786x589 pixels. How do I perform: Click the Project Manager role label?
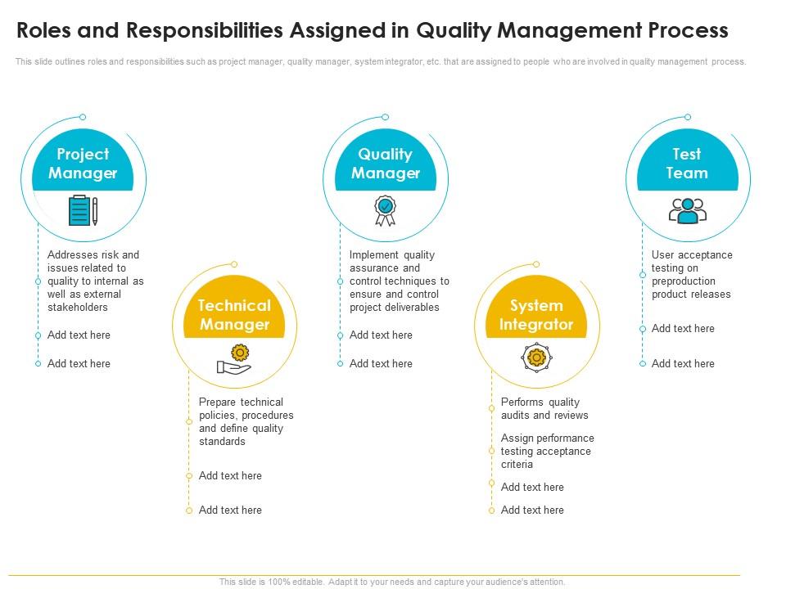click(x=83, y=164)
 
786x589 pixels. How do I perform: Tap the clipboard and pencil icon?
click(x=83, y=210)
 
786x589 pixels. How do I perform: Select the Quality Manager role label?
click(x=385, y=164)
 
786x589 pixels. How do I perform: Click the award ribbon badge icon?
click(x=385, y=210)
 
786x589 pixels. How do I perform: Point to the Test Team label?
click(x=686, y=164)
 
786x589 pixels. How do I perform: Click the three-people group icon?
click(x=687, y=210)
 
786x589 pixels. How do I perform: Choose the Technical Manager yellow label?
click(x=234, y=315)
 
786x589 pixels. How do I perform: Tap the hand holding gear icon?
click(x=234, y=359)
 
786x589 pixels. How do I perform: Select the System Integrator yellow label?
click(x=536, y=315)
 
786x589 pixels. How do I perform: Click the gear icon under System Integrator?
click(x=536, y=357)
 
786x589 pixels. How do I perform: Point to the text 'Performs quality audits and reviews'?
click(x=544, y=408)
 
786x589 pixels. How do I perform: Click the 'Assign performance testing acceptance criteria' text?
click(x=546, y=451)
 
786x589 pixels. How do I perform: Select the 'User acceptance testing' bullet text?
click(x=692, y=274)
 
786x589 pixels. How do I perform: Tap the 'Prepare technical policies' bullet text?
click(x=246, y=421)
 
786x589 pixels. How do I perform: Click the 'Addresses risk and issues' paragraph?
click(x=95, y=281)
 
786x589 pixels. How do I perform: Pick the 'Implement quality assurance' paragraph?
click(x=399, y=281)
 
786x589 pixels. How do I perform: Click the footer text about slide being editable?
click(x=392, y=582)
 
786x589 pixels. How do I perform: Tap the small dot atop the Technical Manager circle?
click(x=234, y=264)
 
